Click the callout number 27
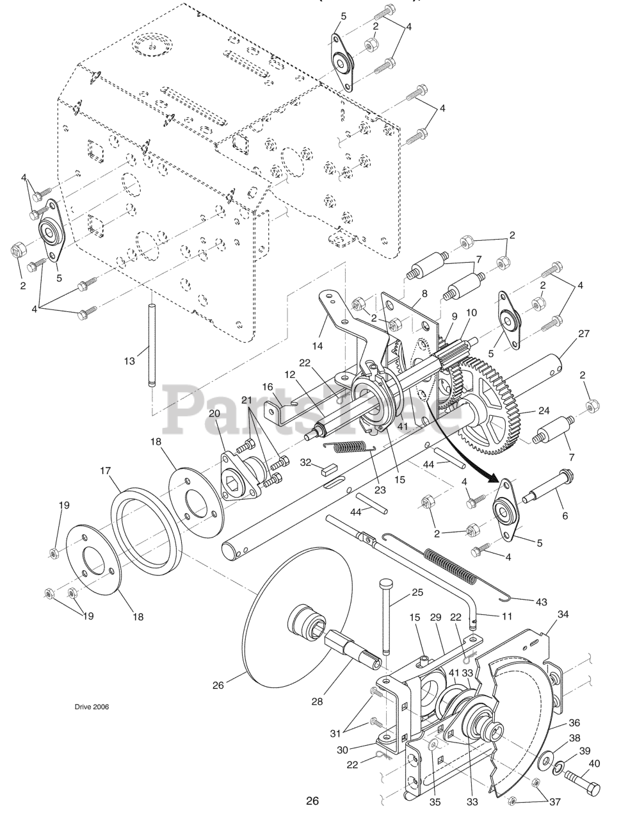pyautogui.click(x=583, y=333)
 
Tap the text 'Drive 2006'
pyautogui.click(x=91, y=707)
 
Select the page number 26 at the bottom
pyautogui.click(x=312, y=801)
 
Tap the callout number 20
pyautogui.click(x=214, y=414)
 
